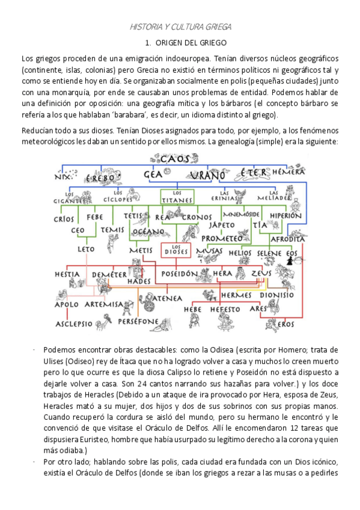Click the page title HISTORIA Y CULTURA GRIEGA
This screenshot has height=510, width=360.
pos(180,27)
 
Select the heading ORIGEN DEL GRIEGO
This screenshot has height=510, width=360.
pos(186,43)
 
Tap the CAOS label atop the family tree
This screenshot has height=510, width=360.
pos(175,159)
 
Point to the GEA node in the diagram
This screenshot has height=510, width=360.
pos(153,175)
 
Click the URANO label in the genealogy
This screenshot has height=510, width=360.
pos(207,176)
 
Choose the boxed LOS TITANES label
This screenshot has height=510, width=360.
pos(174,195)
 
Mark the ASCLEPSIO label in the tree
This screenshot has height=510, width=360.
pos(74,324)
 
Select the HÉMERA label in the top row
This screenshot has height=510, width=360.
pos(288,172)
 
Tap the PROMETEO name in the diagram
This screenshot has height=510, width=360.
pos(221,239)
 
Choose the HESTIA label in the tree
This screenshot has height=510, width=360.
pos(68,274)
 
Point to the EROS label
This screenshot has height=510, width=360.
pos(286,324)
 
